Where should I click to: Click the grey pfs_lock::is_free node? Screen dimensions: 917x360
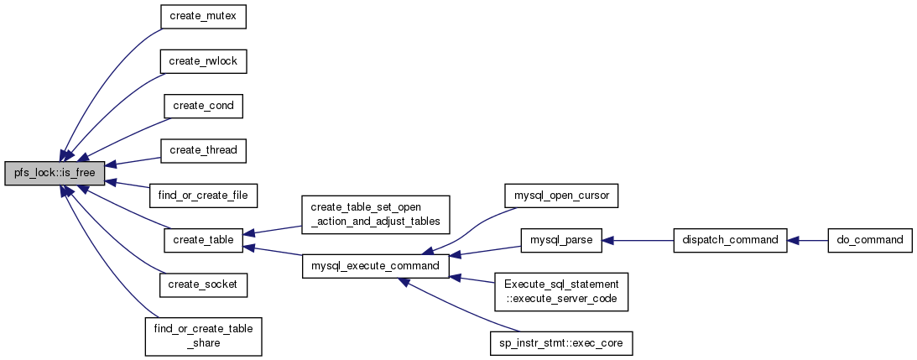55,173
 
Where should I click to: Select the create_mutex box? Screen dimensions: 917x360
203,17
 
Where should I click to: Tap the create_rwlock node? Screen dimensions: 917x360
203,61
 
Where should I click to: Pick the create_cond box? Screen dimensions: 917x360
203,106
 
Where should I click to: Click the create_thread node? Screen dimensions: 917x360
203,150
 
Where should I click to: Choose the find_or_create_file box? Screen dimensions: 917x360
203,195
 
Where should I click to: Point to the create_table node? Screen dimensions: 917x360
203,240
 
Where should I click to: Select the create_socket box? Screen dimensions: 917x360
203,284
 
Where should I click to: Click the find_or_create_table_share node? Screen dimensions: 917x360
203,337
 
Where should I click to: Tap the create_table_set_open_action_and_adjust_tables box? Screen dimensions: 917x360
376,215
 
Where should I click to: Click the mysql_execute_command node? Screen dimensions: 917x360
376,266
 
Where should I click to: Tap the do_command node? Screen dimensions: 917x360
870,240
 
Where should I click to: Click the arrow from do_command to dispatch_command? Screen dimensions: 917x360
808,241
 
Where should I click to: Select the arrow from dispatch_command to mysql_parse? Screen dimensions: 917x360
638,241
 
